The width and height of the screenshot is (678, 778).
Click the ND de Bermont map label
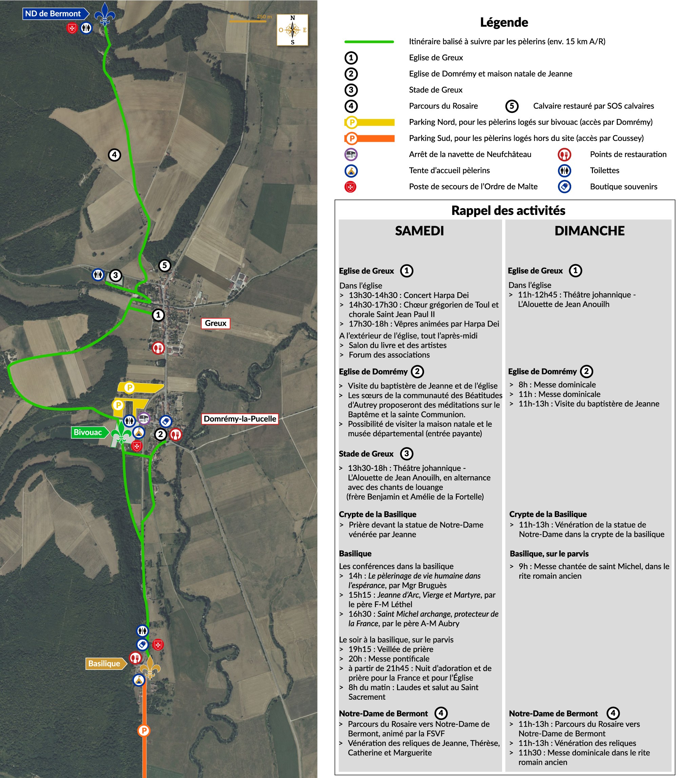[x=53, y=14]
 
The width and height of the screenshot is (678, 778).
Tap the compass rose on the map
[x=293, y=30]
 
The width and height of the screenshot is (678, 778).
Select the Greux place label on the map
[x=215, y=323]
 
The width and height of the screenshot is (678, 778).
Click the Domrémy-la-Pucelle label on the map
[x=240, y=419]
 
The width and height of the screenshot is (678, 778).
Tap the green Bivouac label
[x=88, y=432]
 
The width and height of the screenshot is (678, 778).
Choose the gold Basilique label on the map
[x=104, y=663]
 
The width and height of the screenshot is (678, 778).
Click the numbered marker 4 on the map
[x=114, y=155]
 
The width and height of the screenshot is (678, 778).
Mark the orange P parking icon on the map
[x=144, y=730]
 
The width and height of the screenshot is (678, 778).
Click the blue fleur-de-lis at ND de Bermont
[x=104, y=14]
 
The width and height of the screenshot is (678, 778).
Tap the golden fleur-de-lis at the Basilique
[x=150, y=667]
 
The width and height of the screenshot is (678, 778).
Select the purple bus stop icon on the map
[x=144, y=419]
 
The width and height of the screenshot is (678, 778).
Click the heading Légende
[x=504, y=22]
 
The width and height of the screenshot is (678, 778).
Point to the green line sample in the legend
[x=369, y=42]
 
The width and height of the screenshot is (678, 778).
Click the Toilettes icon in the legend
[x=564, y=171]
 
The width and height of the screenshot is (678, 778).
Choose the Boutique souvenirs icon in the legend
[x=564, y=186]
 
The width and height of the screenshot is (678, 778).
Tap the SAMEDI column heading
[x=419, y=231]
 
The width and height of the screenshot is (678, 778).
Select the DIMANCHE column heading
[x=589, y=231]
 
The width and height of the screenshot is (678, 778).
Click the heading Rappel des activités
[x=508, y=211]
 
